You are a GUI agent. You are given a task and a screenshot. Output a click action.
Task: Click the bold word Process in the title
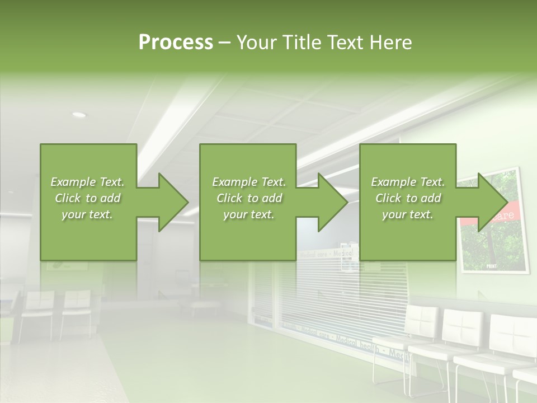click(176, 43)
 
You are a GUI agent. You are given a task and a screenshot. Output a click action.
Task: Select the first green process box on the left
click(88, 202)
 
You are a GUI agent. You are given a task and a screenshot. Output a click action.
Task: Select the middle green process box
click(248, 202)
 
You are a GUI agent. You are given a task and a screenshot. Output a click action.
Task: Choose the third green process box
click(408, 202)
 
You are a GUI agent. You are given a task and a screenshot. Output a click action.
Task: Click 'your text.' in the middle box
click(249, 214)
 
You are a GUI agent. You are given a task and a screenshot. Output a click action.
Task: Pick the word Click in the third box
click(389, 198)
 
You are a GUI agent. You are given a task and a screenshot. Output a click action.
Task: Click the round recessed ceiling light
click(79, 115)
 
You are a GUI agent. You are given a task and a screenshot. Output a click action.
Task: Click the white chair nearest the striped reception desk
click(422, 330)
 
